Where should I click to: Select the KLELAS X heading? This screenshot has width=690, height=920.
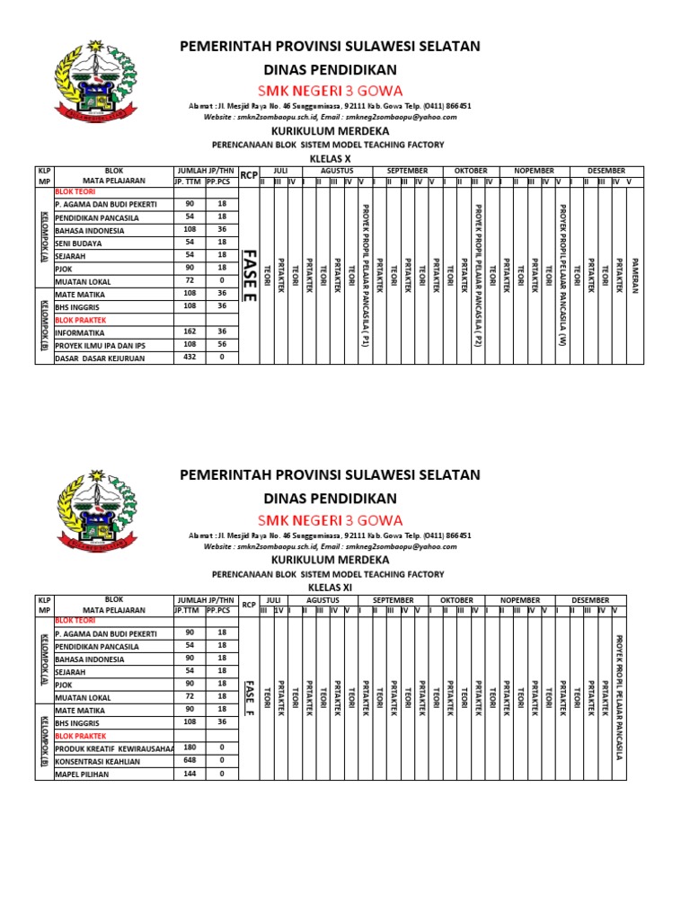point(329,157)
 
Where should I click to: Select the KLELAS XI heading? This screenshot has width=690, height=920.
point(329,586)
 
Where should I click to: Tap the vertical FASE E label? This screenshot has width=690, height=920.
point(250,277)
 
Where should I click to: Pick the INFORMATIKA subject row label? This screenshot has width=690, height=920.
point(81,332)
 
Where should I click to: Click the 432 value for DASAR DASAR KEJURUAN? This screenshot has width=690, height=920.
point(189,358)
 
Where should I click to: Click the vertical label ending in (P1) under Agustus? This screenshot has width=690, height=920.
point(365,275)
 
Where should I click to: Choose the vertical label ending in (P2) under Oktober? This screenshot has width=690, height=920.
point(477,275)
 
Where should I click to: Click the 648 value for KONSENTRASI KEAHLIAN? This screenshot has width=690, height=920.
point(189,760)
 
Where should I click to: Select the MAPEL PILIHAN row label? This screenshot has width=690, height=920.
point(82,774)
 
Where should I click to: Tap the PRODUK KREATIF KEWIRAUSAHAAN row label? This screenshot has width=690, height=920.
point(113,747)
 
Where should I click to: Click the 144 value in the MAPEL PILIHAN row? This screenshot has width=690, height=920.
point(189,774)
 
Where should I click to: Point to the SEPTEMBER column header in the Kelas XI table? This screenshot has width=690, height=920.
point(393,599)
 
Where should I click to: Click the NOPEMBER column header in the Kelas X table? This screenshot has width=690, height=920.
point(535,170)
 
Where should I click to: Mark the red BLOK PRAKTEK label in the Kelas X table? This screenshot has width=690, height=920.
point(81,319)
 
